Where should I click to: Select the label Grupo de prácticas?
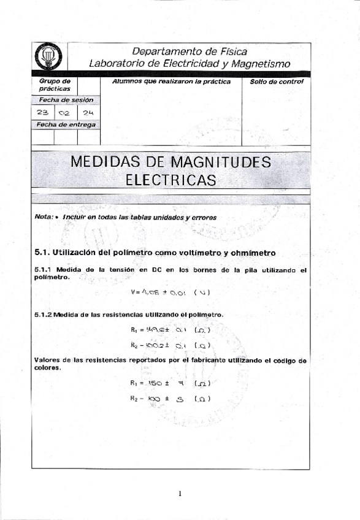pyautogui.click(x=55, y=85)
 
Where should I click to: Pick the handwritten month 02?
pyautogui.click(x=65, y=113)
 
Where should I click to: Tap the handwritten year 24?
pyautogui.click(x=87, y=112)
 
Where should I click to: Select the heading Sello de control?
pyautogui.click(x=277, y=82)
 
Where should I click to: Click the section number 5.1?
pyautogui.click(x=42, y=252)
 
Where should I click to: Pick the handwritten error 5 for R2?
pyautogui.click(x=180, y=399)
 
